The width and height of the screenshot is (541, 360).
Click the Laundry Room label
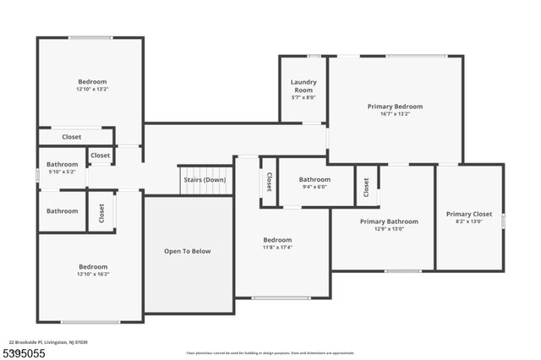(303, 86)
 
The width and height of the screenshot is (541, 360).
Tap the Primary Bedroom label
(395, 106)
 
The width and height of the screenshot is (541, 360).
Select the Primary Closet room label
(469, 214)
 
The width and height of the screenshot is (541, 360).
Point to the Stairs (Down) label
(205, 180)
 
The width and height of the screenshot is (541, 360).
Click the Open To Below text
(188, 251)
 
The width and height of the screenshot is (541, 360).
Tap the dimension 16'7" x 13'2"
(395, 114)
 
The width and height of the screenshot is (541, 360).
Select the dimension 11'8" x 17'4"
(277, 248)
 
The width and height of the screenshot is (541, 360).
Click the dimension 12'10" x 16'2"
(93, 274)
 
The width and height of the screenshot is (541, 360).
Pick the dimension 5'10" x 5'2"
(62, 172)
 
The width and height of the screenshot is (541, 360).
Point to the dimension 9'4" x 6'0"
(314, 188)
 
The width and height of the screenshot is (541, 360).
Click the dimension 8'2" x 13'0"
(469, 222)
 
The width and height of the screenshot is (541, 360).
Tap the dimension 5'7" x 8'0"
(303, 98)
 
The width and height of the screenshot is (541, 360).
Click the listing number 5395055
(25, 352)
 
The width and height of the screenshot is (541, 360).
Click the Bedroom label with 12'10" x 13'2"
(93, 81)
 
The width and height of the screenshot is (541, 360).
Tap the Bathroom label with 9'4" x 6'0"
(314, 179)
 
